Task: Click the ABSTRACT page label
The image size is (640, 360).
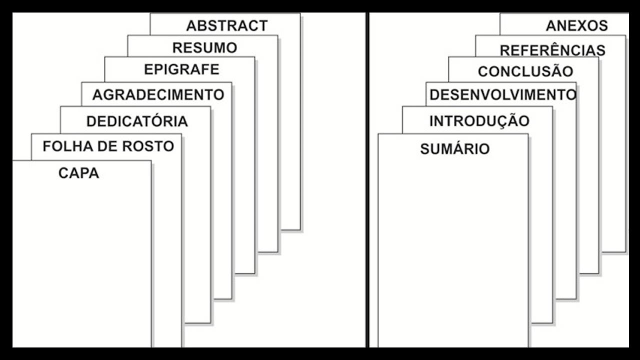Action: pos(227,25)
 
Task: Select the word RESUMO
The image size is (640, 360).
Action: pos(205,47)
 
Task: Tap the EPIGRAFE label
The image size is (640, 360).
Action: pos(181,69)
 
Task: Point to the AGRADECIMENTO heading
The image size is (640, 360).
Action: pos(158,94)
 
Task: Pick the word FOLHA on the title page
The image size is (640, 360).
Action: pos(68,146)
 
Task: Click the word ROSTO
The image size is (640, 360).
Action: pos(148,146)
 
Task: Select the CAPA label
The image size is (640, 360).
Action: pos(79,173)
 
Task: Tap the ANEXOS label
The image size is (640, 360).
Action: pos(577,25)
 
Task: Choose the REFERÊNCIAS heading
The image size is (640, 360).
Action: pos(552,49)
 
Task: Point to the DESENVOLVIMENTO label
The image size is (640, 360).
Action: pos(503,94)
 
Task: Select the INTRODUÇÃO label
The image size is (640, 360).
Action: pos(479,121)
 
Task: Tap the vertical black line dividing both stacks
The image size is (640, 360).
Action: pos(367,180)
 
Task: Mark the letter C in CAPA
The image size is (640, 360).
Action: pos(63,173)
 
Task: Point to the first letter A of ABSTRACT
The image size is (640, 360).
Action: pos(191,25)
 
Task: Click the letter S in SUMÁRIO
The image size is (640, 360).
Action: pos(425,149)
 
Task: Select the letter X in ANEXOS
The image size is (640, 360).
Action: pos(583,25)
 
